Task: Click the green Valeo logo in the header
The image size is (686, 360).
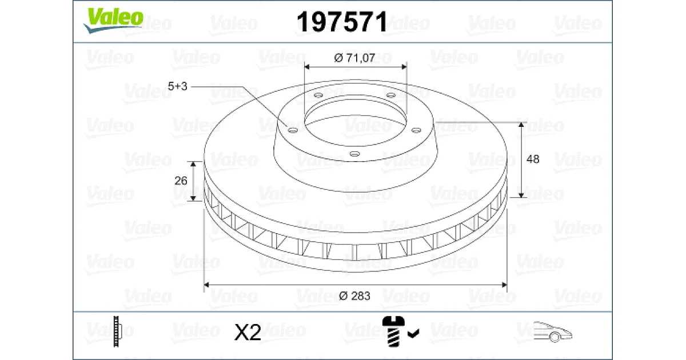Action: [113, 20]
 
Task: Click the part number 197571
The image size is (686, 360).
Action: [342, 22]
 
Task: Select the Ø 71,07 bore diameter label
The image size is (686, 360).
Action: [354, 58]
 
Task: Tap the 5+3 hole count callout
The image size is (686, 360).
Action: [177, 86]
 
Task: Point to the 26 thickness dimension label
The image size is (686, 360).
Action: [181, 181]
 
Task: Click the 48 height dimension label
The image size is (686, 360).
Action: [533, 159]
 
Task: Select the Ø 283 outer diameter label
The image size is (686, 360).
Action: [354, 296]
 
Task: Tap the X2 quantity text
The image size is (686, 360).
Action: [248, 332]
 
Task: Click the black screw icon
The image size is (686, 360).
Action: [393, 331]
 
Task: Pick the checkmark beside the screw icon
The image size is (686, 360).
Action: [413, 333]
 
